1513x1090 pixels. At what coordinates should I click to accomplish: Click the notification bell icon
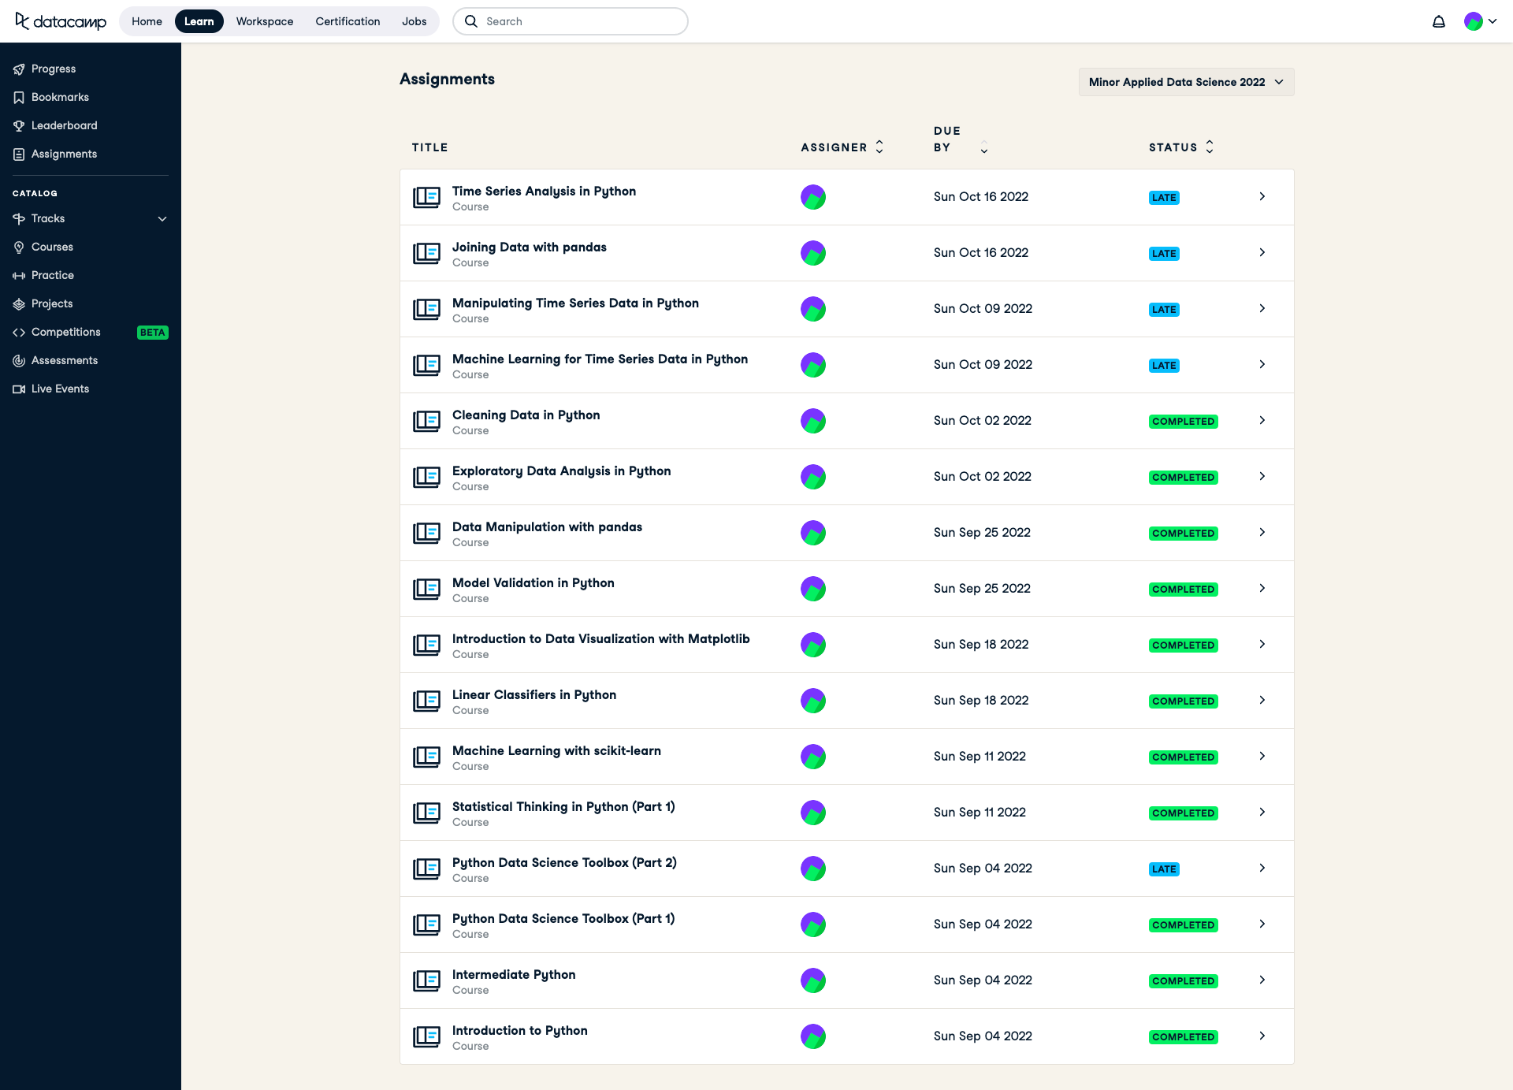[1438, 21]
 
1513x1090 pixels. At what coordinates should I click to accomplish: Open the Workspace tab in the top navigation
[264, 21]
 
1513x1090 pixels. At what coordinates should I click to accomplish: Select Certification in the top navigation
[348, 21]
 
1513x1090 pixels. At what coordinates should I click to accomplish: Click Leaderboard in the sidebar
[64, 125]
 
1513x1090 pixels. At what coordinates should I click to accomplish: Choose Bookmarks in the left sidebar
[60, 97]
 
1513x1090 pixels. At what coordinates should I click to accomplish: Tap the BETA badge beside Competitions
[152, 333]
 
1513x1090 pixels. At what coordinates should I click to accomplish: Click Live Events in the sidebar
[60, 389]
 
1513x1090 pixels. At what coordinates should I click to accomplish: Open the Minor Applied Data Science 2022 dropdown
[1185, 82]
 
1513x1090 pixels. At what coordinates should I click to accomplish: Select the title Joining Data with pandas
[529, 247]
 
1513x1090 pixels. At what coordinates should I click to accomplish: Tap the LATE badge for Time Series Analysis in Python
[1163, 198]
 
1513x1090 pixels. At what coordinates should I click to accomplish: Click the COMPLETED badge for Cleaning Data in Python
[1183, 422]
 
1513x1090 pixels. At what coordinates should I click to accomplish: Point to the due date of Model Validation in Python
[981, 589]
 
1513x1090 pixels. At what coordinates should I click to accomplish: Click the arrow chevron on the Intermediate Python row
[1262, 980]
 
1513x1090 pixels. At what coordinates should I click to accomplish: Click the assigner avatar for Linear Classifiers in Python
[812, 701]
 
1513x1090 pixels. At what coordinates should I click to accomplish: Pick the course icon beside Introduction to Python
[426, 1036]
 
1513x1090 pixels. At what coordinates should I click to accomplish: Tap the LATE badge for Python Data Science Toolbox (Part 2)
[1163, 869]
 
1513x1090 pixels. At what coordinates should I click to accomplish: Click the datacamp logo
[61, 21]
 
